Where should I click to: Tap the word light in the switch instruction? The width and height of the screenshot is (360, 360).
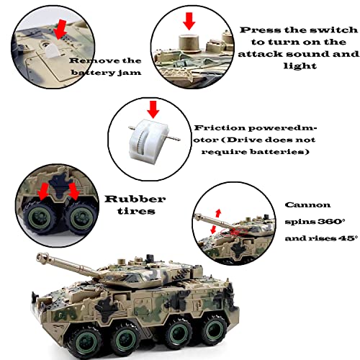pyautogui.click(x=300, y=65)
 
